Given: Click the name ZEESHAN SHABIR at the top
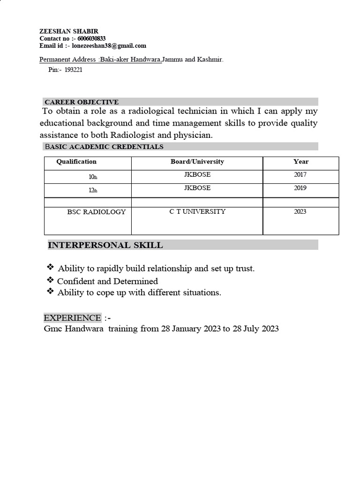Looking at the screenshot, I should [69, 31].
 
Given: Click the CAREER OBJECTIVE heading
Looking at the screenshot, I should [81, 102].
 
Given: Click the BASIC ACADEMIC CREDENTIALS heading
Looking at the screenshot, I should [104, 147].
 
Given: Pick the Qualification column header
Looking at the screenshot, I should [76, 162].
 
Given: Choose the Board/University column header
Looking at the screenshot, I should [197, 162].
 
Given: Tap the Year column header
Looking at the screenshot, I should [301, 162].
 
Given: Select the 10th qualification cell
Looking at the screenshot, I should [93, 177].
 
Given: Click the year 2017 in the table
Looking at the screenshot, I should [300, 175].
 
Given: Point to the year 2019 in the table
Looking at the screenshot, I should [300, 188].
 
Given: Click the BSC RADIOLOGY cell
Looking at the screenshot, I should [96, 212].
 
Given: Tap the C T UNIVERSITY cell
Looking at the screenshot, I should [197, 211].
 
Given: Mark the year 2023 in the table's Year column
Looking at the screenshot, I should [300, 211].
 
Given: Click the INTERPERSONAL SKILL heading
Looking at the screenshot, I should [105, 245].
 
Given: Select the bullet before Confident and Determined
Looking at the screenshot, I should [50, 280].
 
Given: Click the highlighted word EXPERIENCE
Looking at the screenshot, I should [72, 318].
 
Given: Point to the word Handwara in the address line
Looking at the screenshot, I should [145, 60].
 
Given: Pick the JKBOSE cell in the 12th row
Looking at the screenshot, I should [197, 188].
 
